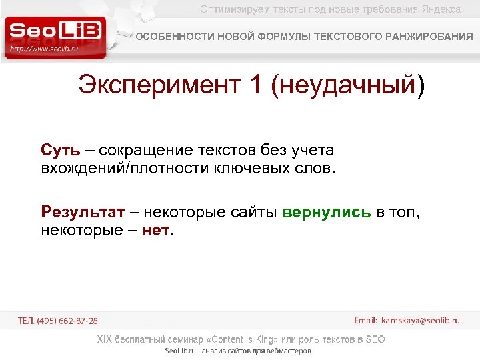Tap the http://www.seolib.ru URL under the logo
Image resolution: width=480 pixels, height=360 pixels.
45,49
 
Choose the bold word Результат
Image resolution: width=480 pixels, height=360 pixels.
83,213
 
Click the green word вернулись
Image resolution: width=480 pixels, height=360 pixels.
327,213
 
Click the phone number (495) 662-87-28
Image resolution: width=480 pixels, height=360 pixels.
67,321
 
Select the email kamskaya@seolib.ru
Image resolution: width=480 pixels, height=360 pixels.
420,321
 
